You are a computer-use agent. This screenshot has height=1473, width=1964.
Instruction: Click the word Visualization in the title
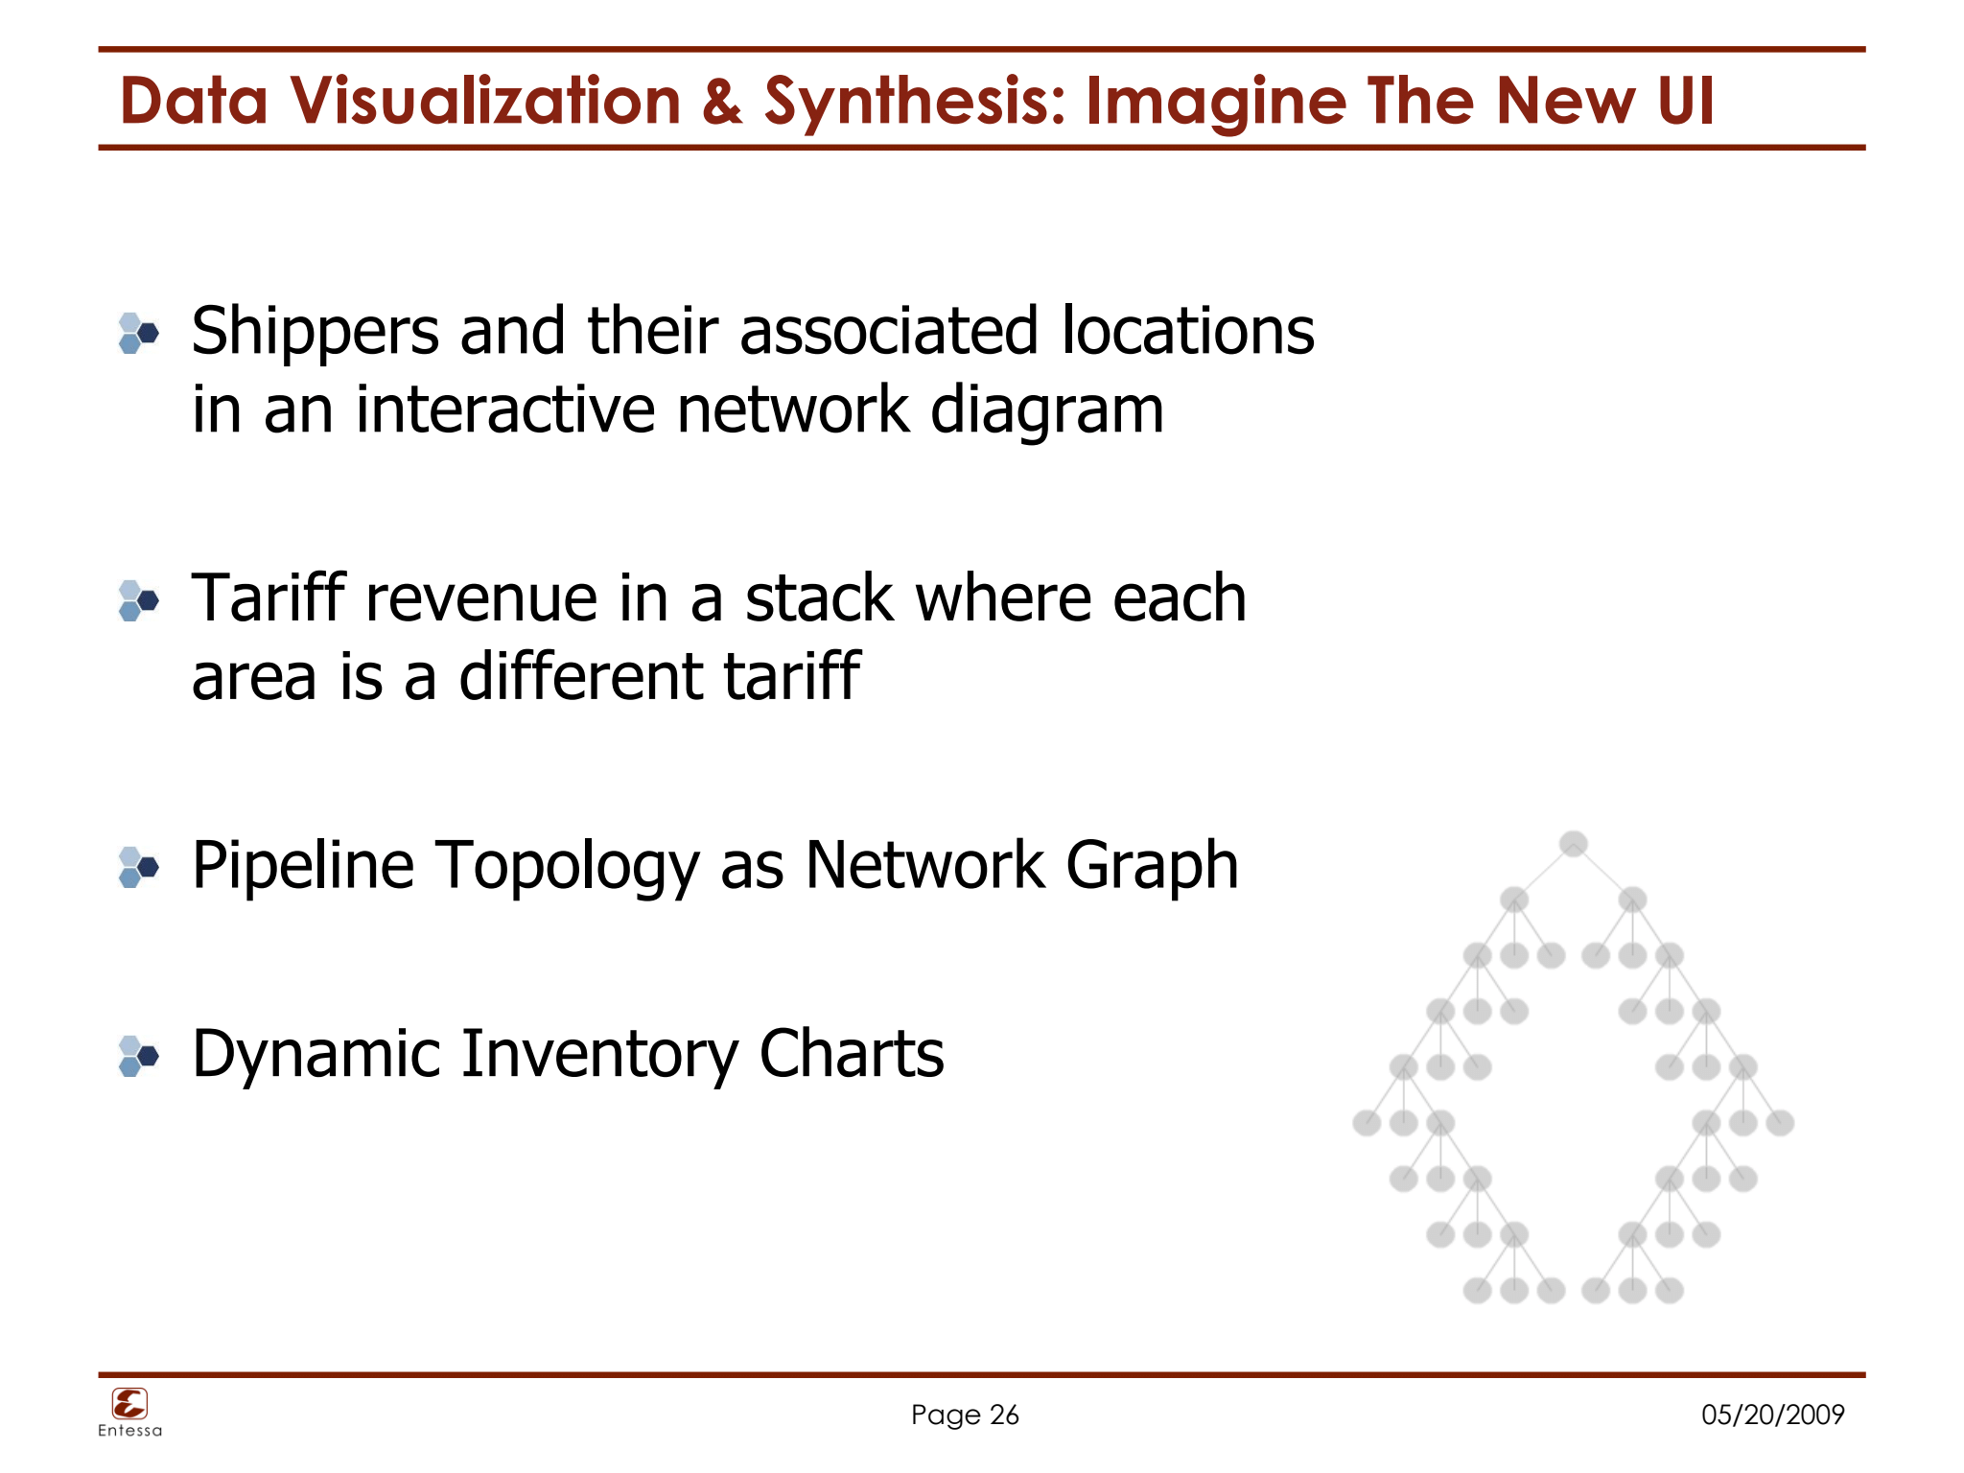[x=485, y=101]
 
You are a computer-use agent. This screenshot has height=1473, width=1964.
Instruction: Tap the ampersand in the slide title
[x=722, y=102]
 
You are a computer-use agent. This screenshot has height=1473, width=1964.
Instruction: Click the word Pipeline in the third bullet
[x=303, y=866]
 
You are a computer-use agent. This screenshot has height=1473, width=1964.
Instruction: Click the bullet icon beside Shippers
[x=138, y=334]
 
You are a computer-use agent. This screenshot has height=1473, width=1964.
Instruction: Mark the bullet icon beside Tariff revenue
[x=138, y=601]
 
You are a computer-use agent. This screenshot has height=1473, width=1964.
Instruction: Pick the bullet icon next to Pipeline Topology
[x=138, y=868]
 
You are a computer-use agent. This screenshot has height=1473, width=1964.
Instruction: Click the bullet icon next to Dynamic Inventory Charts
[x=138, y=1057]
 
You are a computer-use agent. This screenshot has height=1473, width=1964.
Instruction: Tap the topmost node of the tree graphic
[x=1573, y=844]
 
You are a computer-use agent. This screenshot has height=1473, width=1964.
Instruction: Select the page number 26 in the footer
[x=1004, y=1415]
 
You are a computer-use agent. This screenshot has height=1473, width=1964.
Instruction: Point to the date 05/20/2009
[x=1772, y=1415]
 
